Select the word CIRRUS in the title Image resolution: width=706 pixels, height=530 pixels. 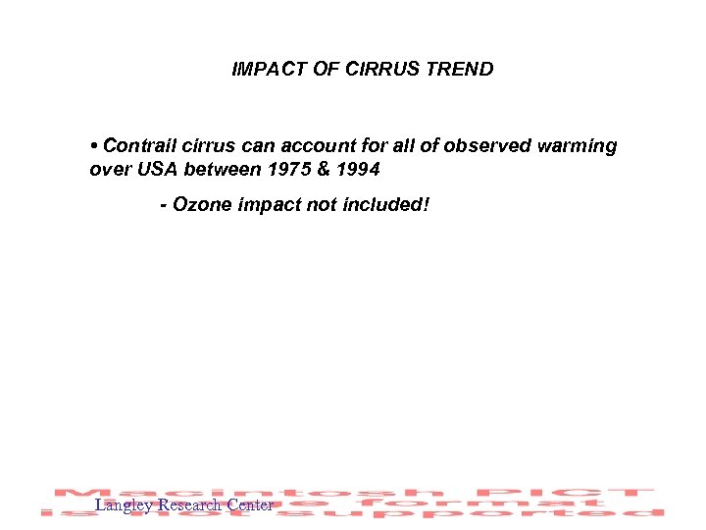[381, 70]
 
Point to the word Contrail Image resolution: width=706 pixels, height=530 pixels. [137, 146]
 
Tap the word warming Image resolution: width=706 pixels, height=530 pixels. [579, 146]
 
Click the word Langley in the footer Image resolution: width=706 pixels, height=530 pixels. [124, 506]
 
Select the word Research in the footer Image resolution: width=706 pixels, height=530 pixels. [189, 505]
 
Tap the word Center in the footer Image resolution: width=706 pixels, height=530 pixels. [249, 505]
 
